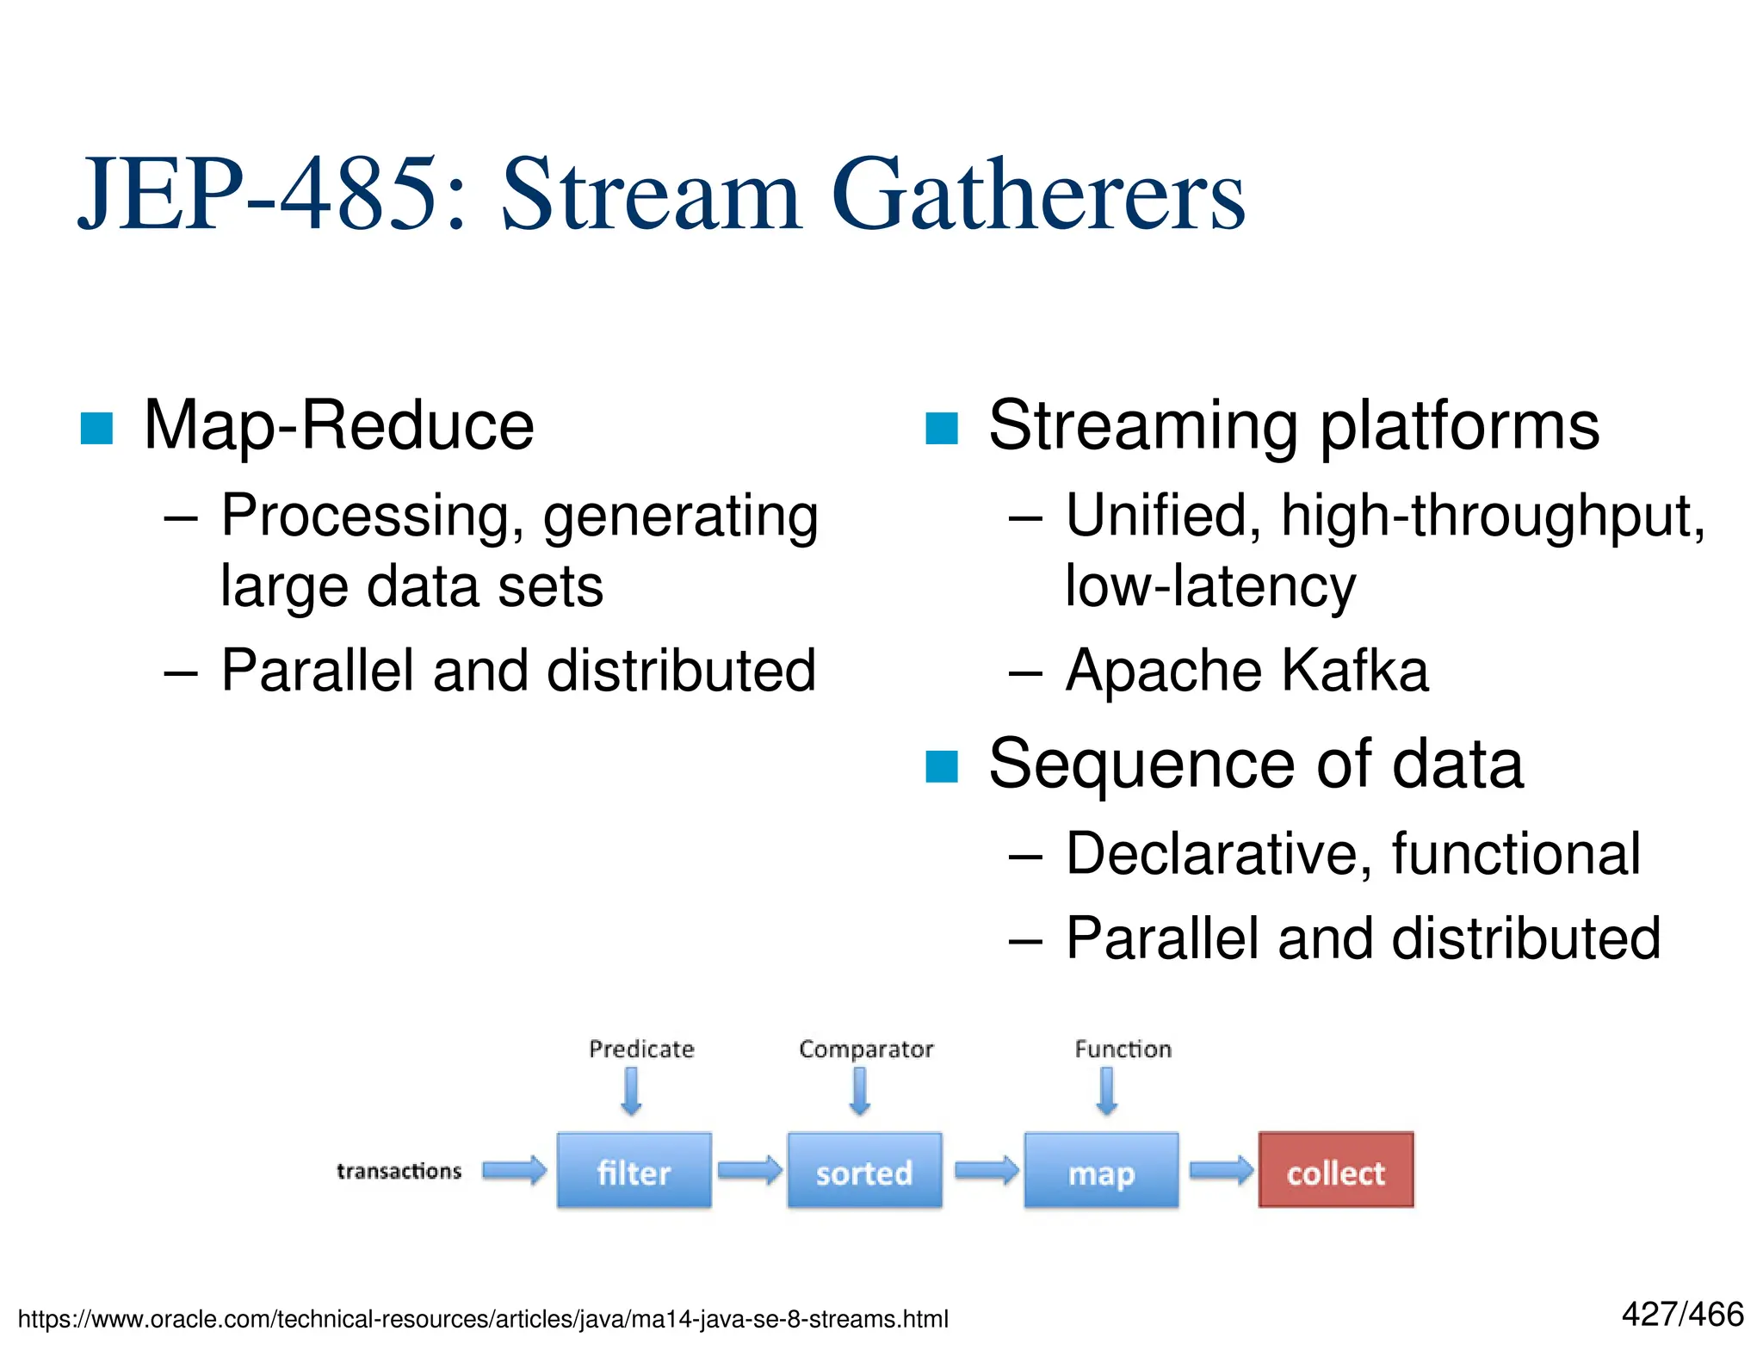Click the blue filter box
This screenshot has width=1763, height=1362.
(634, 1171)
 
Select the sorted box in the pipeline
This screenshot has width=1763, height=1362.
(864, 1171)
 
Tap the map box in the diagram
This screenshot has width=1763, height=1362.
(1101, 1171)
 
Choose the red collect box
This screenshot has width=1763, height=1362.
(1335, 1171)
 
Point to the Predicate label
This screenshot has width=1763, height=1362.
(641, 1049)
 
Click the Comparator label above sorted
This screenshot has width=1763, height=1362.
(866, 1049)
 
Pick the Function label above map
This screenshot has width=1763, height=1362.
(1123, 1049)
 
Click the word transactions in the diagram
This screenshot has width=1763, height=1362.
(399, 1171)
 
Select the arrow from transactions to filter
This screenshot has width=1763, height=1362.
(514, 1170)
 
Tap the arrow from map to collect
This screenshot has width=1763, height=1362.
(1221, 1170)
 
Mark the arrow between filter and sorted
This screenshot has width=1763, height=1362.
(749, 1170)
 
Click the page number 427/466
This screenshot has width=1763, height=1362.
(1682, 1315)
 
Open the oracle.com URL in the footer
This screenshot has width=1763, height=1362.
(483, 1319)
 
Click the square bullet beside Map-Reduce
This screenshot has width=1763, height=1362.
(96, 428)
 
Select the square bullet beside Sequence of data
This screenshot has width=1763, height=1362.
(941, 766)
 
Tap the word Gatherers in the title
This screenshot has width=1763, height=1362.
(1038, 195)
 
